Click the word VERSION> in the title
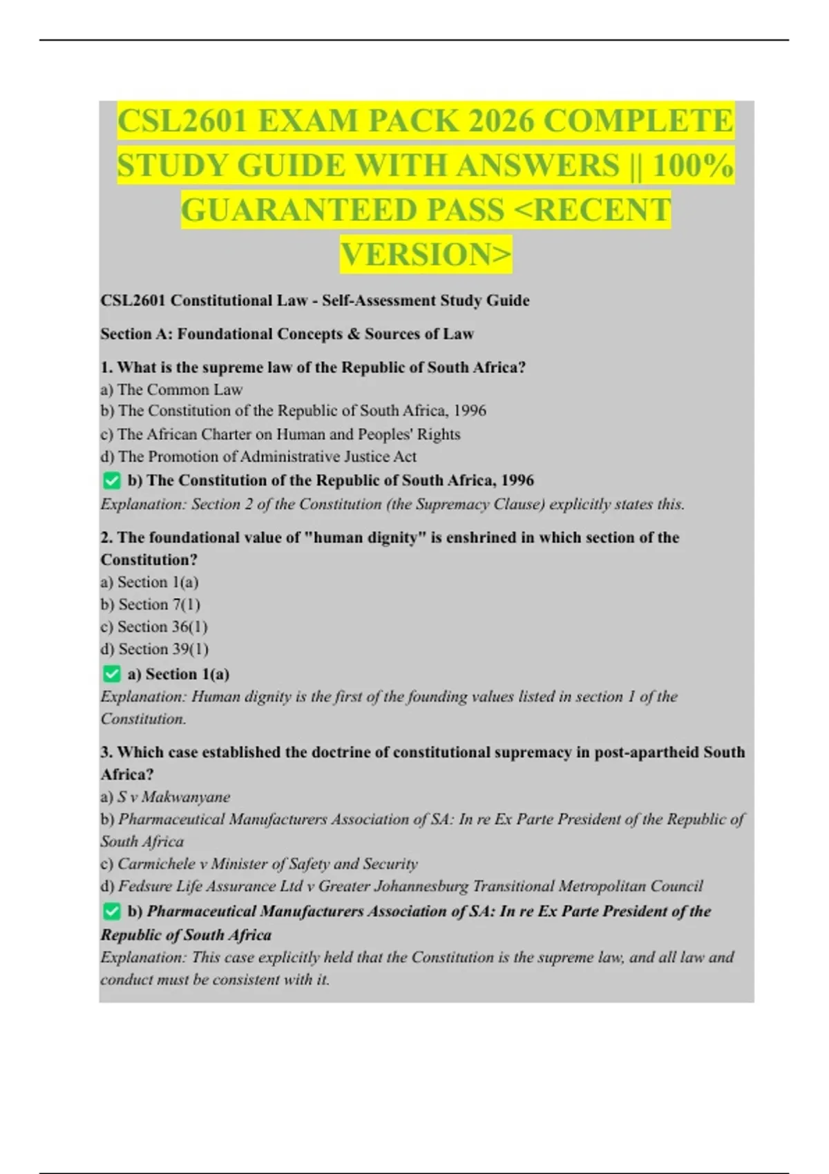tap(426, 254)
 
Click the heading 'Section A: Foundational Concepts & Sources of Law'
tap(287, 334)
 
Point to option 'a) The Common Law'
tap(171, 389)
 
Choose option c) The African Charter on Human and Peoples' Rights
tap(280, 434)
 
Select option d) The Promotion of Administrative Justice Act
tap(258, 456)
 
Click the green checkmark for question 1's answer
tap(111, 481)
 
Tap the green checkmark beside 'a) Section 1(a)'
tap(111, 674)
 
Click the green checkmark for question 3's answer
tap(111, 912)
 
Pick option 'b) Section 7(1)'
tap(150, 605)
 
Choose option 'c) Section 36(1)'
tap(153, 627)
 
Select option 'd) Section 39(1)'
tap(154, 649)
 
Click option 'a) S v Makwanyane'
tap(165, 797)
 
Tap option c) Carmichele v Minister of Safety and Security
tap(259, 864)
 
